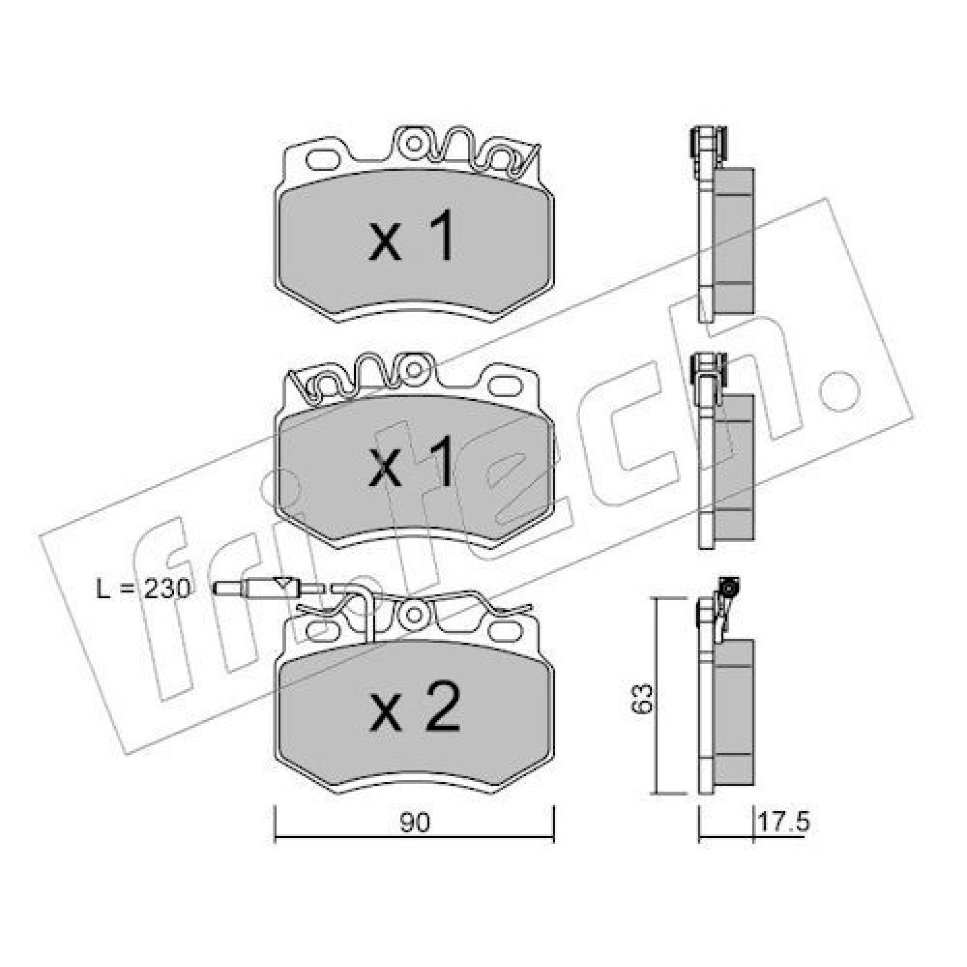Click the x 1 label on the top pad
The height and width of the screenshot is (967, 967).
pyautogui.click(x=411, y=239)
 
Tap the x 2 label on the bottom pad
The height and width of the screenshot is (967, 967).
pyautogui.click(x=414, y=707)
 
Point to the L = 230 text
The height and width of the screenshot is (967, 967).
pyautogui.click(x=143, y=588)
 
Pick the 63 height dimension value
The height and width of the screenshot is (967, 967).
pyautogui.click(x=643, y=698)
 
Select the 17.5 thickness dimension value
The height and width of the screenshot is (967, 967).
pyautogui.click(x=783, y=823)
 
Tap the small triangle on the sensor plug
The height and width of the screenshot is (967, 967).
pyautogui.click(x=281, y=584)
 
